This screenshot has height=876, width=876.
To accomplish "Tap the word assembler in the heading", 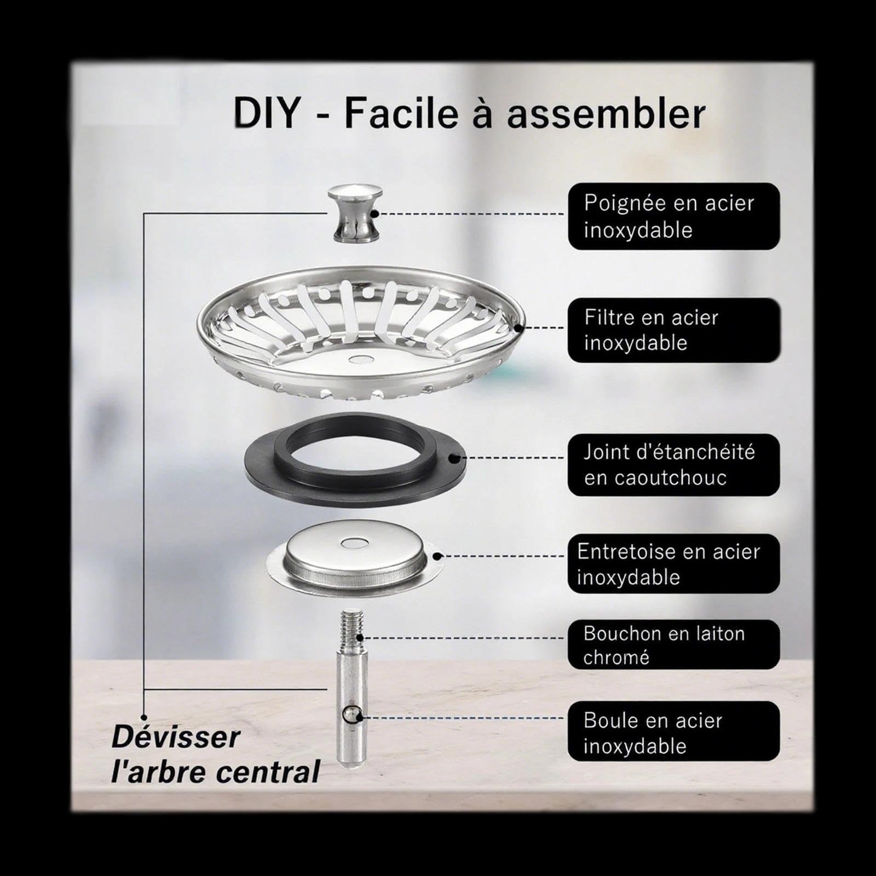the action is (x=606, y=113).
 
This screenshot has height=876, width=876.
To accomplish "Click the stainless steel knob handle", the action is (x=354, y=214).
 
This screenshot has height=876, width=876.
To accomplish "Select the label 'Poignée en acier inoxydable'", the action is (x=674, y=216).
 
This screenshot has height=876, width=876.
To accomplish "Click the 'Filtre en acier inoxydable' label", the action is (x=674, y=330).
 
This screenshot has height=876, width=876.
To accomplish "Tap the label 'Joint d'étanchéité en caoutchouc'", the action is (x=674, y=465).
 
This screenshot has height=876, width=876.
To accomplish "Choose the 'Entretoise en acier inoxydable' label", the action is (x=674, y=564).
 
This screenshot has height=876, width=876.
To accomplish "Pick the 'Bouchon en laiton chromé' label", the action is (x=674, y=644).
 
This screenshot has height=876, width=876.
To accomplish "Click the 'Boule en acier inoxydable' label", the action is (x=674, y=731).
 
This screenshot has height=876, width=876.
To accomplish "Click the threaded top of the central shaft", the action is (x=351, y=629).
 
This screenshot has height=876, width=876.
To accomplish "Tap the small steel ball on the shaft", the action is (x=350, y=714).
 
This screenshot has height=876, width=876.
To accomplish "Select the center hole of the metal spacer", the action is (x=353, y=543).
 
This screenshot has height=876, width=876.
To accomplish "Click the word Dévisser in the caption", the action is (x=176, y=737).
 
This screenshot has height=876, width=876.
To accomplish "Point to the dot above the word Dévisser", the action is (x=144, y=717).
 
